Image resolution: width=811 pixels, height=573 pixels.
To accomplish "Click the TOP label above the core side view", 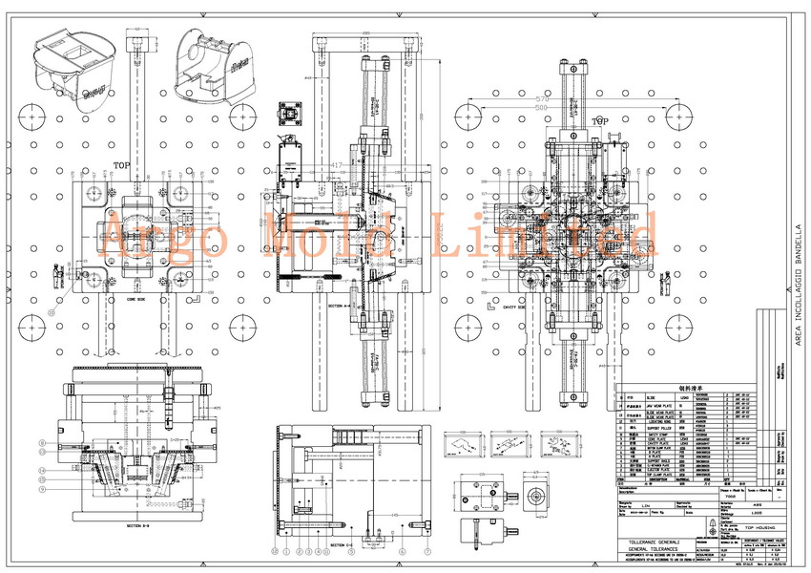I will click(122, 164).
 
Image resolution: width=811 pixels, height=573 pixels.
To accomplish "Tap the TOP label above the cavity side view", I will click(599, 122).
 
